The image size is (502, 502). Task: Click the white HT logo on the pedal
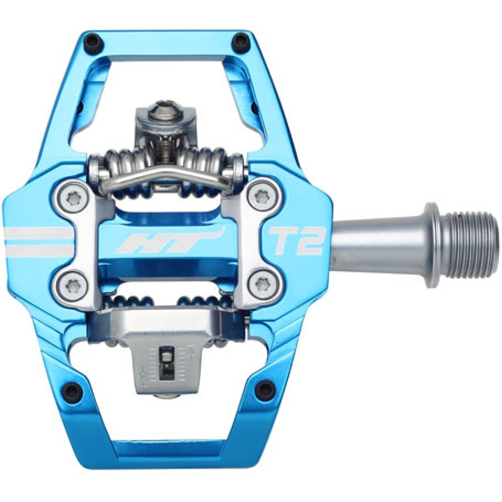coord(171,240)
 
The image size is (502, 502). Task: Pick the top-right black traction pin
coord(240,40)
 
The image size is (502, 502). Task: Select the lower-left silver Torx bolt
coord(72,284)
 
